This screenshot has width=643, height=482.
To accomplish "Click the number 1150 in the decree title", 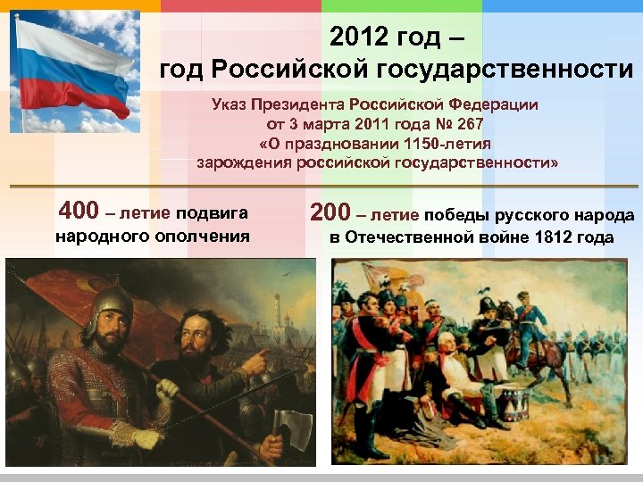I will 422,144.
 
